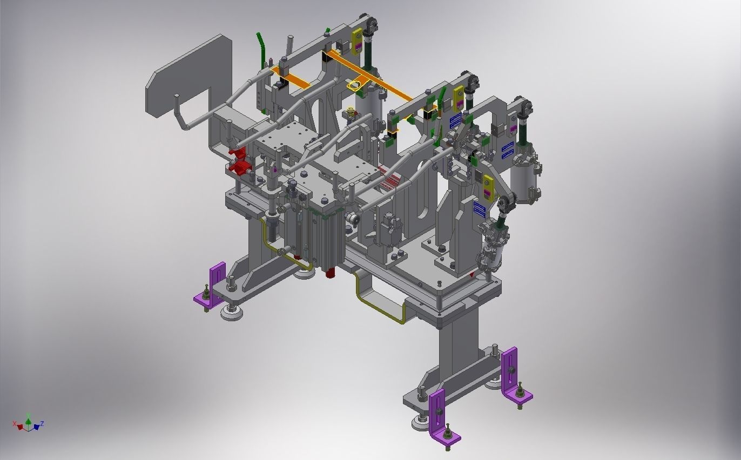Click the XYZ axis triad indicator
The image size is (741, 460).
(x=28, y=424)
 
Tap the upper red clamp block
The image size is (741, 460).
(x=238, y=153)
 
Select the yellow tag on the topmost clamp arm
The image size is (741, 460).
(x=357, y=40)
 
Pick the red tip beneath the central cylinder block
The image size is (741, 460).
(x=328, y=274)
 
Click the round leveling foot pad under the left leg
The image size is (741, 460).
(x=232, y=313)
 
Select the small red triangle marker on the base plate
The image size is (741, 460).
(x=473, y=275)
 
